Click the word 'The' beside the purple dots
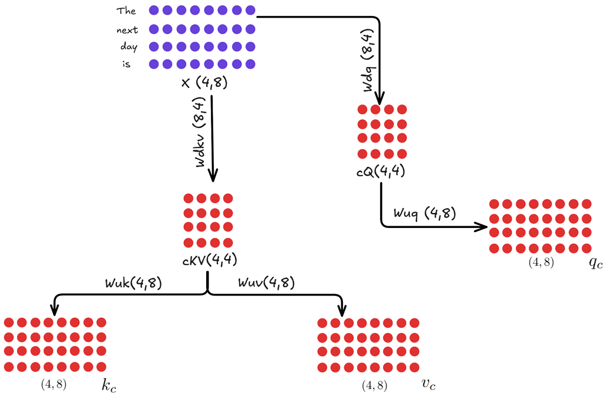[x=126, y=11]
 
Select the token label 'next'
[x=126, y=29]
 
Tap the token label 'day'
[x=129, y=47]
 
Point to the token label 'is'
[x=126, y=65]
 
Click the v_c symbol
[x=428, y=384]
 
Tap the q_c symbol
[x=596, y=263]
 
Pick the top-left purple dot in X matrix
[x=154, y=10]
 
